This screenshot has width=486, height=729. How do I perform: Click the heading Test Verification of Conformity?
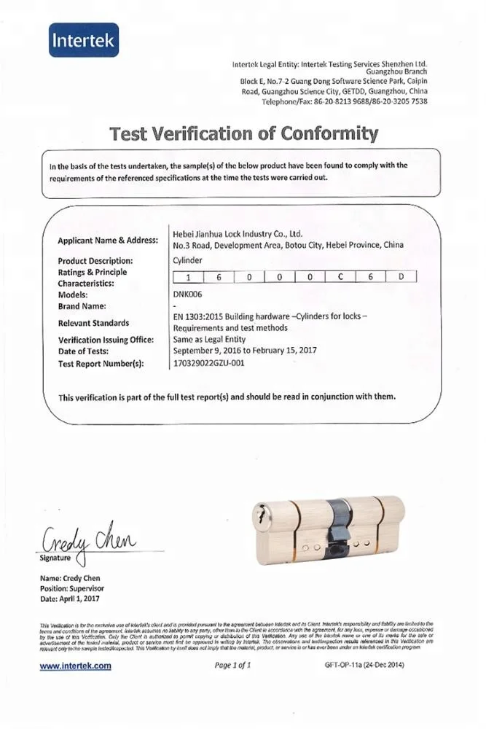tap(243, 133)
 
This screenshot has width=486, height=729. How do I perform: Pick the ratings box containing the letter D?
tap(400, 278)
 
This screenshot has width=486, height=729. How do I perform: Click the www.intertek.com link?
tap(75, 666)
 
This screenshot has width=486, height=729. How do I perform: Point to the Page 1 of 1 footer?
tap(233, 666)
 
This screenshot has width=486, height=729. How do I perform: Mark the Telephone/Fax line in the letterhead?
tap(345, 101)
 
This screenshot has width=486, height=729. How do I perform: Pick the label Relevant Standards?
tap(93, 322)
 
